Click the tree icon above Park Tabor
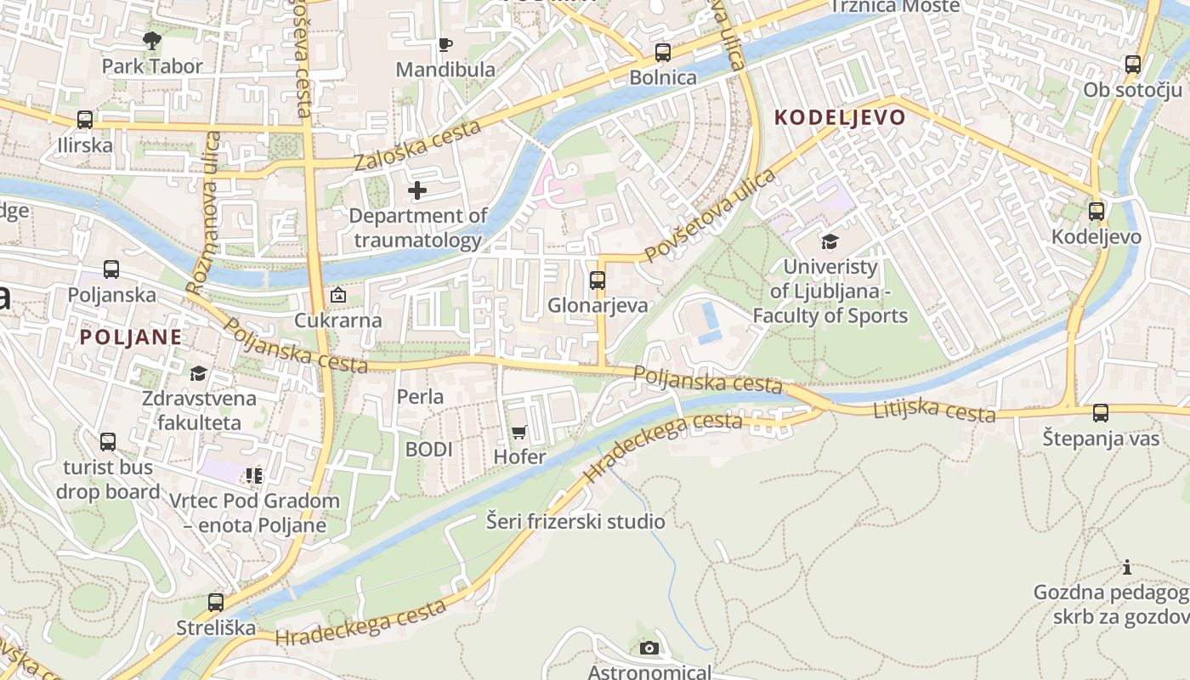152,40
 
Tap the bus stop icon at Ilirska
85,120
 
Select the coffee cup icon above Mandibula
445,44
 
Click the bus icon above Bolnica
663,53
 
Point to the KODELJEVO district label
840,117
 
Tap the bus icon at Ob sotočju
1133,65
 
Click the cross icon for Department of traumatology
417,190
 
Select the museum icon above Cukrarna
338,296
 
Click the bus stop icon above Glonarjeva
598,280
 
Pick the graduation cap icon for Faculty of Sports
830,242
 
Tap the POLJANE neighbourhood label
131,337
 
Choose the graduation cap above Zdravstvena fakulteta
198,373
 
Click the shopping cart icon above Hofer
519,432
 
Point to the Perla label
420,396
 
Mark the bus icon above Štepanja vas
1101,414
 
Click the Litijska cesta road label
934,411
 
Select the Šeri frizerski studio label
575,521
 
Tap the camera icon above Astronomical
649,649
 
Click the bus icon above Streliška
216,603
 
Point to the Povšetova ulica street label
710,215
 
